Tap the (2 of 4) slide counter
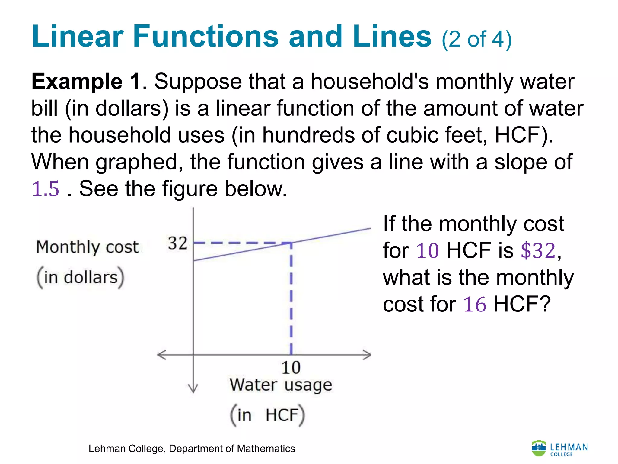[x=477, y=40]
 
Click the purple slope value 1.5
[x=46, y=189]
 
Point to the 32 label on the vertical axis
[x=178, y=243]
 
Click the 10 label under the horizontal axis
[x=291, y=368]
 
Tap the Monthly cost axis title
[x=87, y=247]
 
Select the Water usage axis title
[x=281, y=385]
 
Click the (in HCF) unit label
[x=267, y=415]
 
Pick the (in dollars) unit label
[x=80, y=277]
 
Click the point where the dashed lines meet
[x=291, y=243]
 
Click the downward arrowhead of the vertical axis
[x=193, y=389]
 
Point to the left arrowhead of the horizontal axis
[x=161, y=355]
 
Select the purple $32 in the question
[x=538, y=251]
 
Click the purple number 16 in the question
[x=475, y=304]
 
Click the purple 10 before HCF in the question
[x=427, y=251]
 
